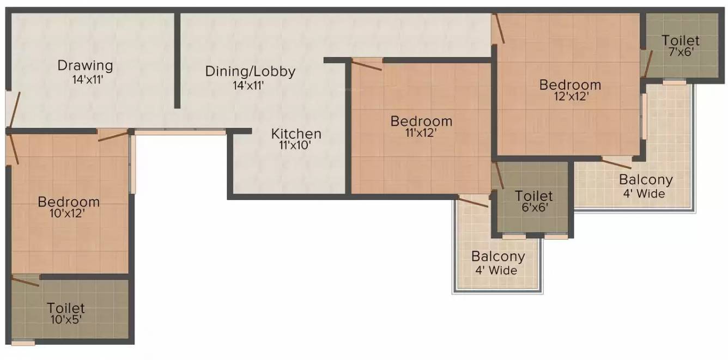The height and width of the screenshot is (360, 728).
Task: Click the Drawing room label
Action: [85, 66]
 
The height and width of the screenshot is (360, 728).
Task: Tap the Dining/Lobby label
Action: [250, 71]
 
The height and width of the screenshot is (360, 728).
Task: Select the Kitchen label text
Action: [296, 134]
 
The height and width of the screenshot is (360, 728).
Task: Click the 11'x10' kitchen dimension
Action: [295, 145]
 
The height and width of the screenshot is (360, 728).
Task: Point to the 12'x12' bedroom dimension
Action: [572, 96]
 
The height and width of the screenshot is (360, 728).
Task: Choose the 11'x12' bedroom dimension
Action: [421, 133]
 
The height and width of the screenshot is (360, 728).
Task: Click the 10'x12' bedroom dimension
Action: [67, 213]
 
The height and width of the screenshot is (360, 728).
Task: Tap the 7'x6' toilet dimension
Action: [682, 52]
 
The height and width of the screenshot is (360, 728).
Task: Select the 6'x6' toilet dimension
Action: [535, 208]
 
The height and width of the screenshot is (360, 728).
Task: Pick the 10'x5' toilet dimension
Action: [65, 320]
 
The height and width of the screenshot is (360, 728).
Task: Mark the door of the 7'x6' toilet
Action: [648, 64]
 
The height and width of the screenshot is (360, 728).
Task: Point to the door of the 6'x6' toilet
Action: [499, 176]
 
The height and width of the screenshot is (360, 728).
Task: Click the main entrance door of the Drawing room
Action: [15, 109]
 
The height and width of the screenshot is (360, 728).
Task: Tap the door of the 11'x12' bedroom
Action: [367, 65]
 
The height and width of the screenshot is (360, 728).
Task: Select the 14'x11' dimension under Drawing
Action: [88, 80]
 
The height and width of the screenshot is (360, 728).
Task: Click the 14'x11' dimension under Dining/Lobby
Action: [248, 86]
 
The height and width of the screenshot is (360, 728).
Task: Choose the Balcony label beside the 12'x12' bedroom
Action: [646, 180]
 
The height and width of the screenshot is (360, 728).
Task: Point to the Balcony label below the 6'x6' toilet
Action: [498, 257]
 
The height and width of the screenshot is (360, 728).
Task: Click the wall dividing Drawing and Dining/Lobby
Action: [177, 60]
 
